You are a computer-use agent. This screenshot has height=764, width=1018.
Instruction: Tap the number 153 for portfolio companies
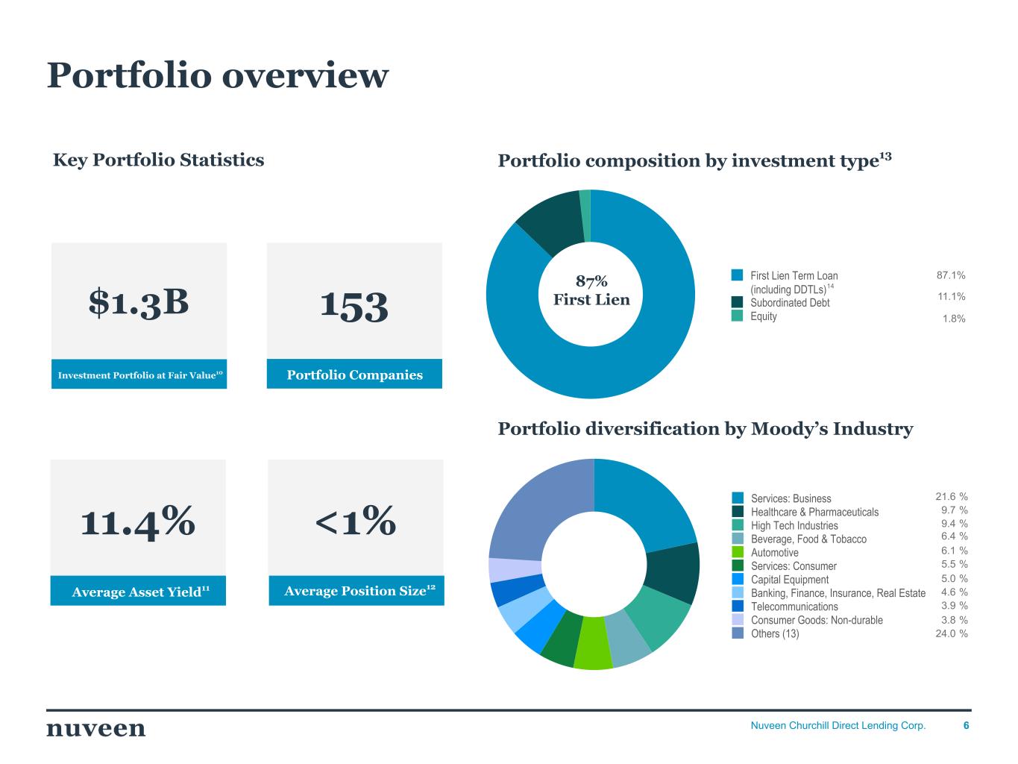(354, 306)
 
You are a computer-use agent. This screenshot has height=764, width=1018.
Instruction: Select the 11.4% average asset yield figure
(138, 520)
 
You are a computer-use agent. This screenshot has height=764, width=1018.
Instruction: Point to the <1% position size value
(355, 520)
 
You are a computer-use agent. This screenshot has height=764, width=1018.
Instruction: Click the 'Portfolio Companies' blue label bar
(354, 375)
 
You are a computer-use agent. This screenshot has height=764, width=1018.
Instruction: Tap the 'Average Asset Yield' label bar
(139, 592)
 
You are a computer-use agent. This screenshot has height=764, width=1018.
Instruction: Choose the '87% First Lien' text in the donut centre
(591, 290)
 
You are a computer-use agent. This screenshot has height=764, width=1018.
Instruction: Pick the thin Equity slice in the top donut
(585, 216)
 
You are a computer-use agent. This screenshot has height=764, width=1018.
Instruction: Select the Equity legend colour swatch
(737, 316)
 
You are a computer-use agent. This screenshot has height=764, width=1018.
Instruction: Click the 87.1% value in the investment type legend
(951, 275)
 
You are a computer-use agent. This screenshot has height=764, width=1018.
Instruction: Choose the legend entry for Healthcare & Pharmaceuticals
(814, 512)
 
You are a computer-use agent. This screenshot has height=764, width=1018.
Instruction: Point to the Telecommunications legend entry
(794, 607)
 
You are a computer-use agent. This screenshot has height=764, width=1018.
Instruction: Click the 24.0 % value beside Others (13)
(952, 633)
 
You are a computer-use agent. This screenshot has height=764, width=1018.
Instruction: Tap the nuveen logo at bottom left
(96, 728)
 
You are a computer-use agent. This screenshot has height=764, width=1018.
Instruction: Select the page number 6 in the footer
(967, 725)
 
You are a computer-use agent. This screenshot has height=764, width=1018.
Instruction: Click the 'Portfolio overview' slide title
(218, 75)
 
